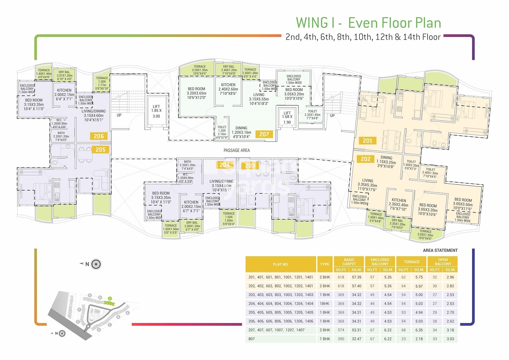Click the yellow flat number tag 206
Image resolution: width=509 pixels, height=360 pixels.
pos(99,136)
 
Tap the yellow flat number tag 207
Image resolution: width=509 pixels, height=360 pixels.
pos(264,134)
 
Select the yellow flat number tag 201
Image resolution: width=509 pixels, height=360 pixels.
pos(367,141)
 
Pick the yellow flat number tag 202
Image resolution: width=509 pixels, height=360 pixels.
pos(366,159)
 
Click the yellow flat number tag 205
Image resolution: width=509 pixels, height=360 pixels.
pos(101,150)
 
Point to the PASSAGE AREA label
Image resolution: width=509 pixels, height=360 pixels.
pos(237,150)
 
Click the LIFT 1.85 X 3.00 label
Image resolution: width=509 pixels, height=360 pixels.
pos(156,111)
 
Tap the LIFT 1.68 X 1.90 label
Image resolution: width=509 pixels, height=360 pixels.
pos(287,117)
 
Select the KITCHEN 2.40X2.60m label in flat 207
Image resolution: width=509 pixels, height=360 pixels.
pos(228,89)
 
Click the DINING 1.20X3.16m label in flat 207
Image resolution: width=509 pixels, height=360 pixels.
pos(241,132)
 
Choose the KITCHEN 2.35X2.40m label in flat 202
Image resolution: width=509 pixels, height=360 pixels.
pos(399,205)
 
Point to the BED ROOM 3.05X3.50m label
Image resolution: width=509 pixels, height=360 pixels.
pos(463,204)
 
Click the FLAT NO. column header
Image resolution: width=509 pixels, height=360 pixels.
pos(281,264)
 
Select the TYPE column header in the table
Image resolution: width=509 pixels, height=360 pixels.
pos(325,264)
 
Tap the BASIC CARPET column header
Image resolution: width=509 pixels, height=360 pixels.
pos(349,262)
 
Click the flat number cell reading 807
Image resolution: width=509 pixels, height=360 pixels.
pos(252,339)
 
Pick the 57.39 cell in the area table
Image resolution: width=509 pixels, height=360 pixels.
pos(357,277)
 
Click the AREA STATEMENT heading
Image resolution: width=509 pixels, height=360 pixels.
pos(440,251)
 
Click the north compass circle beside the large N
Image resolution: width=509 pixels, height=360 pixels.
pos(96,264)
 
